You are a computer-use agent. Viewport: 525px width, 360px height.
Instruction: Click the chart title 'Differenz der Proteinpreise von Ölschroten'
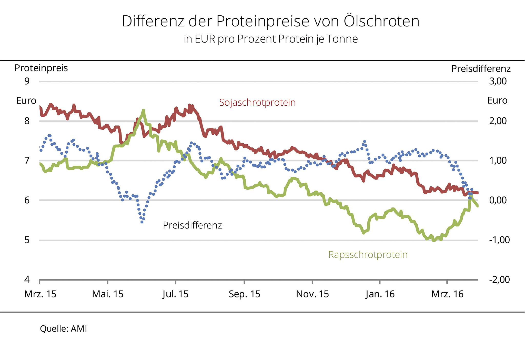(x=270, y=21)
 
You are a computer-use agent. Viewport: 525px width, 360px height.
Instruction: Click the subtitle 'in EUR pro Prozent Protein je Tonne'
(x=271, y=39)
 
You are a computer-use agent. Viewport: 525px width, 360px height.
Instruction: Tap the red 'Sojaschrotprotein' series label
(x=257, y=103)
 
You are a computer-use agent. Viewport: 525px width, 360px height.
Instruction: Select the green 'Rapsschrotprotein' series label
(x=368, y=255)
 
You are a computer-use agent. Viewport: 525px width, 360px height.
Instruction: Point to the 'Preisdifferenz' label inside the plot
(x=192, y=225)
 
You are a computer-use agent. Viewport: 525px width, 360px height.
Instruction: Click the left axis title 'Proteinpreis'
(x=41, y=68)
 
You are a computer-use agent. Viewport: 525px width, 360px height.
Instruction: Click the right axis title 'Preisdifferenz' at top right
(x=481, y=69)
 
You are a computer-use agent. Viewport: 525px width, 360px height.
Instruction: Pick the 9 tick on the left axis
(x=27, y=81)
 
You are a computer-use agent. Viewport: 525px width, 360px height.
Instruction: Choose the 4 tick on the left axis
(x=27, y=279)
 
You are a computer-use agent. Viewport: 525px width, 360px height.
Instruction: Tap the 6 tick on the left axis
(x=27, y=200)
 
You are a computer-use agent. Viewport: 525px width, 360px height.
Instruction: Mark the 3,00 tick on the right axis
(x=498, y=81)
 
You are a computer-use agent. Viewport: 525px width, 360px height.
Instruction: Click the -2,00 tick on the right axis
(x=499, y=279)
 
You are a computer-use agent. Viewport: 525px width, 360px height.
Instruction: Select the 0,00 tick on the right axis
(x=498, y=200)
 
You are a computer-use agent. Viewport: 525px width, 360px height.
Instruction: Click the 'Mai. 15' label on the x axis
(x=108, y=294)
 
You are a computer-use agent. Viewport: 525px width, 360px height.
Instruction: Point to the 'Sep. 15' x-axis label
(x=244, y=294)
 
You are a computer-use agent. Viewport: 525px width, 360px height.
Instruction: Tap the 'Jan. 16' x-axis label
(x=380, y=294)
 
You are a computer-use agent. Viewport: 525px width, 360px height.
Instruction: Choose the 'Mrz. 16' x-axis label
(x=447, y=294)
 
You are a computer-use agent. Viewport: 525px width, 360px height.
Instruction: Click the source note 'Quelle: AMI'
(x=63, y=328)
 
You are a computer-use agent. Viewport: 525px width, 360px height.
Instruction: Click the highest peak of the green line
(x=143, y=110)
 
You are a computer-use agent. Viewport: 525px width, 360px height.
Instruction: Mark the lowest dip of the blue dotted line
(x=142, y=222)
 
